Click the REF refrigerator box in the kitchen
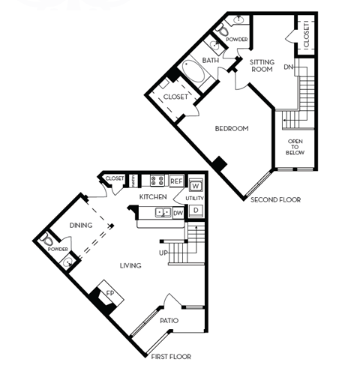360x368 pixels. [177, 181]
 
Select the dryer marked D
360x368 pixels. [196, 211]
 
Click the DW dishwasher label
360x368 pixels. [178, 213]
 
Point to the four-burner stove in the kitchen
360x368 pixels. [158, 181]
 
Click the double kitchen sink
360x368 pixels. [161, 214]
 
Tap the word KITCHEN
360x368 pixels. [154, 196]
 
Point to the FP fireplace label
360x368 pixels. [108, 294]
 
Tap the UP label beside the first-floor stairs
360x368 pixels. [163, 253]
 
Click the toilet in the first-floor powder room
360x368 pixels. [47, 240]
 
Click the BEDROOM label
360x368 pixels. [231, 129]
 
